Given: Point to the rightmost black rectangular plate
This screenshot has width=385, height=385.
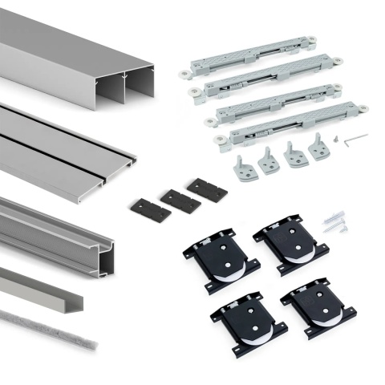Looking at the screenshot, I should coord(206,188).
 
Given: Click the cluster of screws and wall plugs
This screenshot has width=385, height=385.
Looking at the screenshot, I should coord(336,221).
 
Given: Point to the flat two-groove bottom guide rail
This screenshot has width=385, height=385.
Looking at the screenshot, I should coord(80,148).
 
